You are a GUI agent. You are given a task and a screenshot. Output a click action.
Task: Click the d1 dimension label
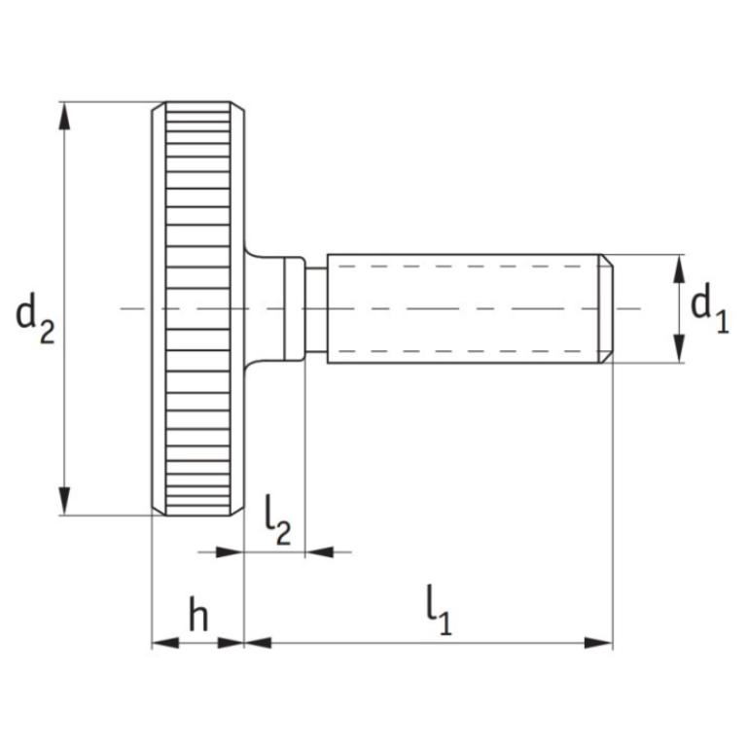coord(709,309)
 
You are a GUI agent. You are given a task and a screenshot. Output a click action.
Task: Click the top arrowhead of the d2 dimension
coord(65,115)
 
